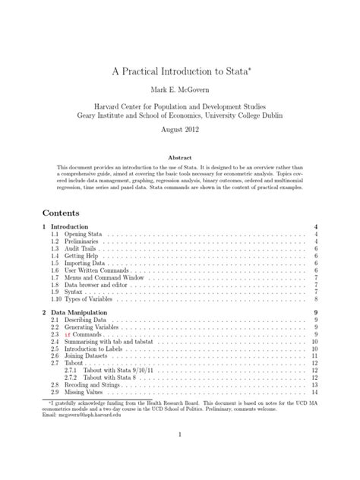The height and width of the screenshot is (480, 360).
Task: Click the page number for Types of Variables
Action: point(314,299)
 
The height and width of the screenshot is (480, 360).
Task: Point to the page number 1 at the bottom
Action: point(180,456)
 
